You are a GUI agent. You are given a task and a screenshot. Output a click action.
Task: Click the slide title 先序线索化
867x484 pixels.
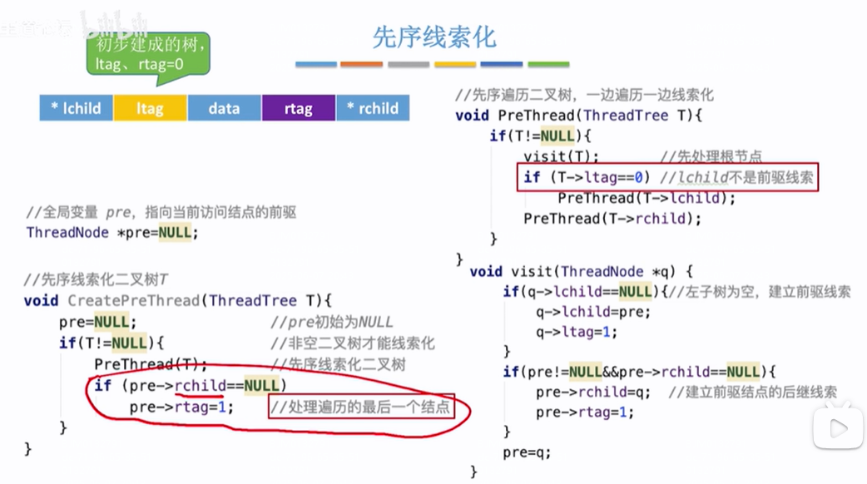click(433, 37)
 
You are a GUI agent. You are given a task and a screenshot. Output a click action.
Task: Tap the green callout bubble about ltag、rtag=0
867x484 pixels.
click(147, 52)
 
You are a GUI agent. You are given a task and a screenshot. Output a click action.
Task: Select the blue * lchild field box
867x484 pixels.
click(76, 108)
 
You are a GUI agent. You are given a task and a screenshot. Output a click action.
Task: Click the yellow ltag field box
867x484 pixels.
click(150, 108)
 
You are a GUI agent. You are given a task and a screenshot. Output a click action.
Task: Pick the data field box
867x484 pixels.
click(224, 108)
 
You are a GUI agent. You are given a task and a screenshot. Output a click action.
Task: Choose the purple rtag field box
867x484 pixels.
click(298, 108)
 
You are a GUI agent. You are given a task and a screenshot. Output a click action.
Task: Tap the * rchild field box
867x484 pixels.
click(372, 108)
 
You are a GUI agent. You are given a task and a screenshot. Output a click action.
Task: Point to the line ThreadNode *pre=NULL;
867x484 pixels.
click(112, 233)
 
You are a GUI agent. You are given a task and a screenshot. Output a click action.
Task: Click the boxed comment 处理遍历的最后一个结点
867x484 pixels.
click(362, 407)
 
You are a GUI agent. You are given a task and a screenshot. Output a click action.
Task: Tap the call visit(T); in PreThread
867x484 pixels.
click(561, 156)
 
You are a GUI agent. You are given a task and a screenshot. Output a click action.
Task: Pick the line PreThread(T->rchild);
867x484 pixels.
click(612, 219)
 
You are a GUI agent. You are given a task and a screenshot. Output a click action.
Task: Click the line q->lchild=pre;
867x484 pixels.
click(593, 312)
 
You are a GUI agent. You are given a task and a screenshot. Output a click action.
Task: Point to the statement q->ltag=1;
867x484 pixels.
click(577, 332)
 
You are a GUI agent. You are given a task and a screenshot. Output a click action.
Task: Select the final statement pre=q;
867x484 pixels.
click(527, 452)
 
